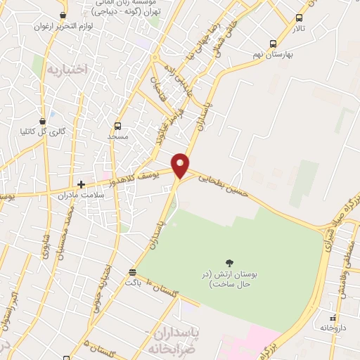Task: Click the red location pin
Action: (x=181, y=165)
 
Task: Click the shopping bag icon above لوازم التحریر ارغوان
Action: (x=64, y=15)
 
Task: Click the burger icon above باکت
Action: (x=133, y=271)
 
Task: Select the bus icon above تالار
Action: (x=300, y=18)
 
